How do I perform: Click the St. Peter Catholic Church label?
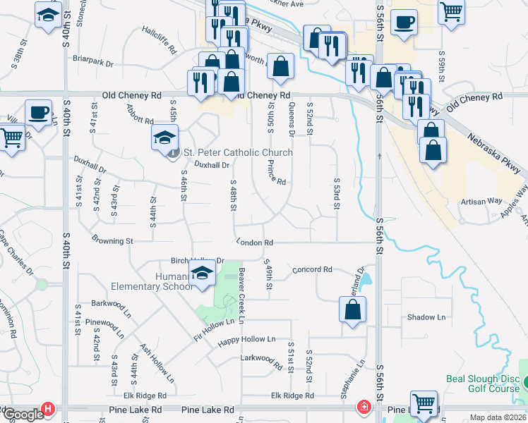(237, 152)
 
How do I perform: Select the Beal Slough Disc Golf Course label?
(486, 384)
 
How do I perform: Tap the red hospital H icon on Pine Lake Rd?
(47, 408)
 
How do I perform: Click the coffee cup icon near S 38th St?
(38, 111)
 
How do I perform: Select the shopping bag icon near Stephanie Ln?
(353, 309)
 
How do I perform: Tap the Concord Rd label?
(312, 269)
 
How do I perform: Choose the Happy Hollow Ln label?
(246, 340)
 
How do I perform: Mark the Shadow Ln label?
(426, 317)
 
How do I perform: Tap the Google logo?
(23, 415)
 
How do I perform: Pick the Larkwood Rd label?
(261, 359)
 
